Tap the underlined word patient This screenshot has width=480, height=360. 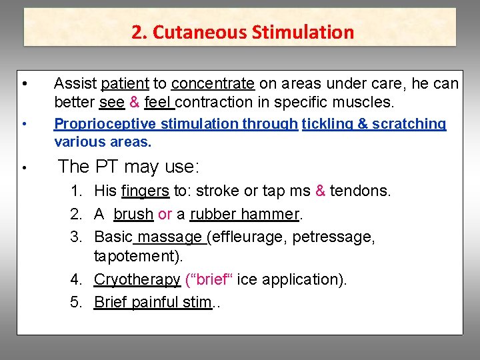tap(125, 83)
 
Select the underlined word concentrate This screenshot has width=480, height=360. tap(213, 83)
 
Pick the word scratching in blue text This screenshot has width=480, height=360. tap(409, 124)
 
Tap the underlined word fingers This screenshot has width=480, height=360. tap(145, 191)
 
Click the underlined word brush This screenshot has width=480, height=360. tap(133, 215)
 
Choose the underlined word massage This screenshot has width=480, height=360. tap(170, 237)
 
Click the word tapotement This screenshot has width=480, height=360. tap(138, 257)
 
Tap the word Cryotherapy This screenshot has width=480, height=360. tap(137, 280)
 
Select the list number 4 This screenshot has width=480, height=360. tap(76, 280)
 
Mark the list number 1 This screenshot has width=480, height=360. tap(76, 191)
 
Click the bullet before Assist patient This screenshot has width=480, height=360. tap(24, 84)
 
